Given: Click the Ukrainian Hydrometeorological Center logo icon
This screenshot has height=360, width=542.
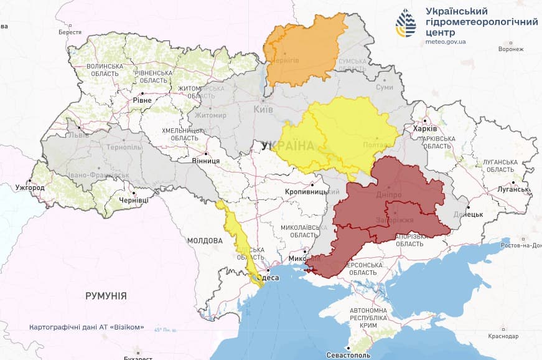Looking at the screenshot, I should [x=406, y=24].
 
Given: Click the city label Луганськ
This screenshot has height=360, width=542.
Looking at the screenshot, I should [x=513, y=189].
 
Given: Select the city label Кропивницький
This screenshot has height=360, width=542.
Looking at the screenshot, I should [x=306, y=192].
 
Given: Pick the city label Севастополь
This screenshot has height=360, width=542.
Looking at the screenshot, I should [x=348, y=355].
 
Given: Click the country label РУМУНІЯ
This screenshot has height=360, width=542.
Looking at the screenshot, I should [x=106, y=296].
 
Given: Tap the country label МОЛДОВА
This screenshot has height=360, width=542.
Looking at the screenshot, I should [x=205, y=240].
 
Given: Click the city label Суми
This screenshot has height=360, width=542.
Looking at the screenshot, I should [x=385, y=87].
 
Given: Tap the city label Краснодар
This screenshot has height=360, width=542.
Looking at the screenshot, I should [x=503, y=336].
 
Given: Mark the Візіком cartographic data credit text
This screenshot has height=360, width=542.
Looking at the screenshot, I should [x=86, y=327].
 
